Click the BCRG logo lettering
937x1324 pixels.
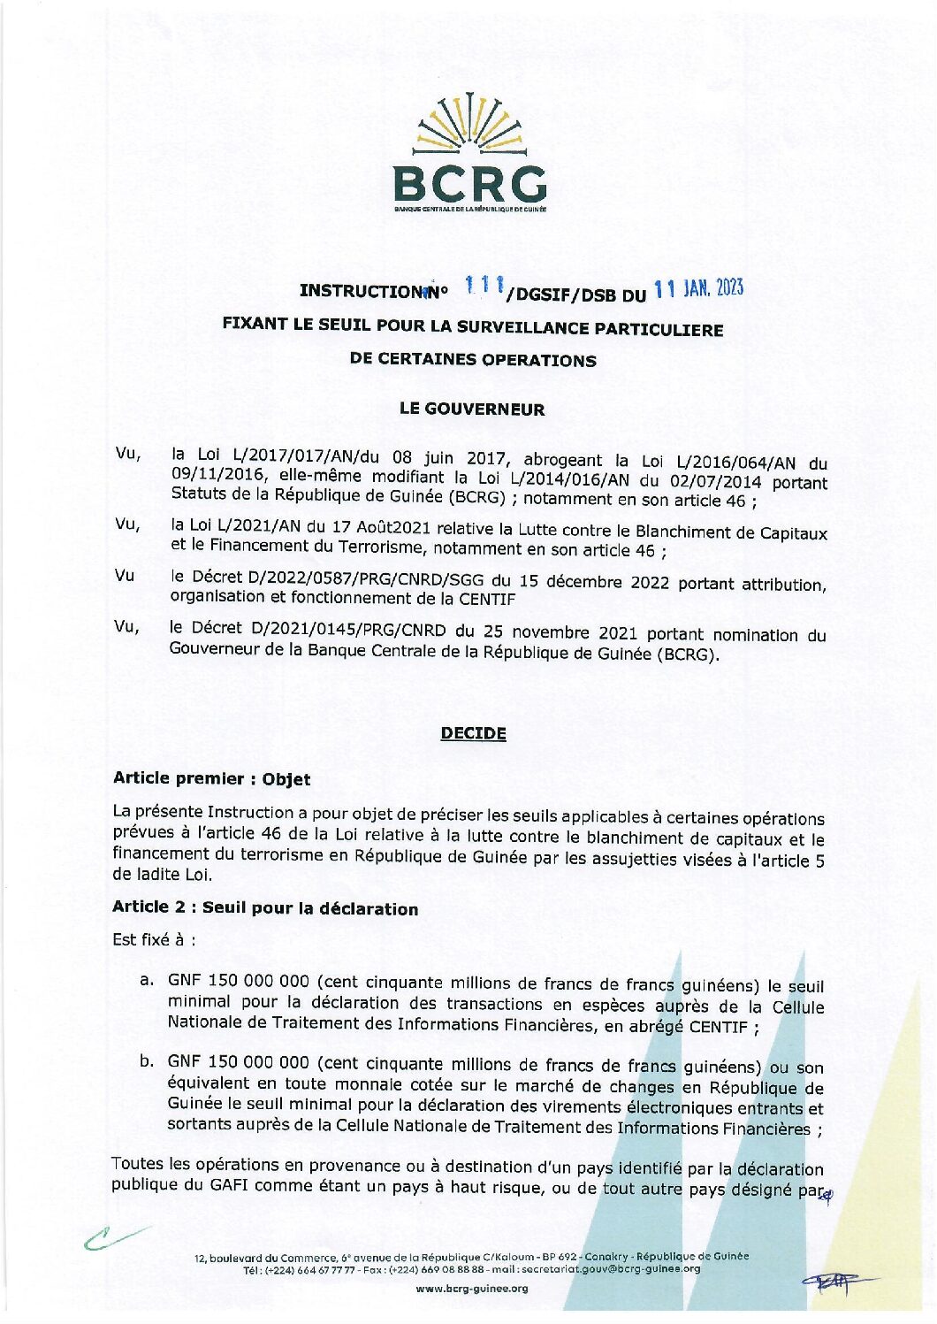pos(469,184)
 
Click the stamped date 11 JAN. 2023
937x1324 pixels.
pos(698,288)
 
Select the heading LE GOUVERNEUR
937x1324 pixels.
pos(472,409)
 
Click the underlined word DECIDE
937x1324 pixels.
pos(473,733)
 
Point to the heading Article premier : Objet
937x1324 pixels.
pos(211,779)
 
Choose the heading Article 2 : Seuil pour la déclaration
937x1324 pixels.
pos(265,908)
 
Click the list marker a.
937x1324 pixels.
pos(148,980)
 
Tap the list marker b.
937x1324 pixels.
pos(148,1060)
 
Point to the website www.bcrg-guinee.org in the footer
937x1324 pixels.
pos(471,1288)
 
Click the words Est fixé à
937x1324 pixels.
pos(153,939)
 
